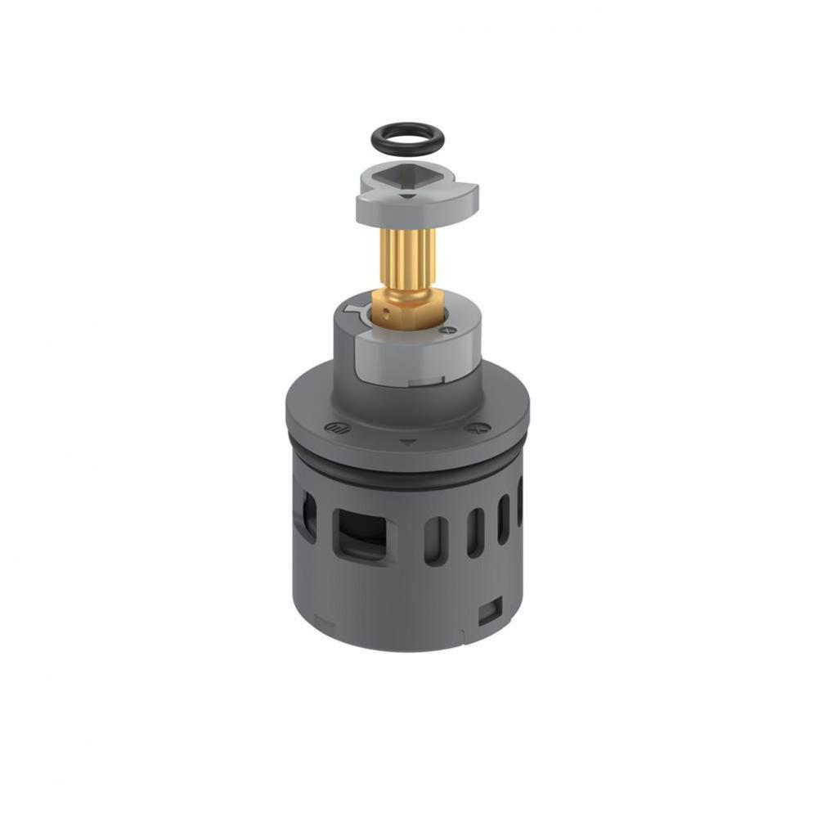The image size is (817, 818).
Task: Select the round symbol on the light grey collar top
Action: pyautogui.click(x=447, y=329)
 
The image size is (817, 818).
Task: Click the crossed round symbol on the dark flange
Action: pyautogui.click(x=474, y=427)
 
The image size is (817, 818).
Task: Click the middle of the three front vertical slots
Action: pyautogui.click(x=474, y=532)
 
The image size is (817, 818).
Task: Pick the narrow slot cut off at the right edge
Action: pyautogui.click(x=519, y=501)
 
